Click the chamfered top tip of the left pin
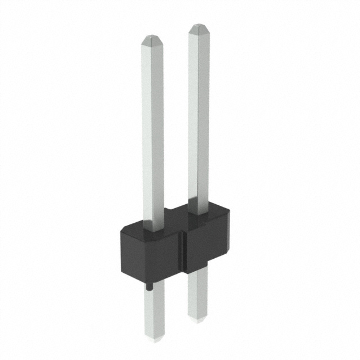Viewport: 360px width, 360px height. (153, 40)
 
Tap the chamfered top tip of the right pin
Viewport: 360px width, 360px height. (199, 28)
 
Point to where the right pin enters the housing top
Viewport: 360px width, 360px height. (199, 213)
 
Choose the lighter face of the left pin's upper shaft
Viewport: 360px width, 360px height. (148, 135)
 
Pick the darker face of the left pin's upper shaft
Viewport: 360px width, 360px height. (159, 135)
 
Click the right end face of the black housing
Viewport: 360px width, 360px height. (229, 236)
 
